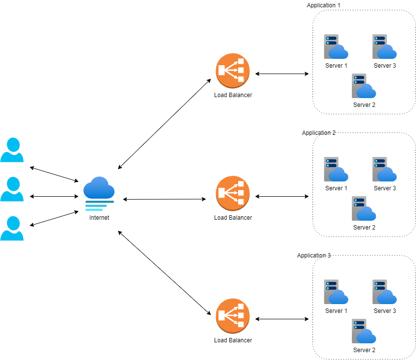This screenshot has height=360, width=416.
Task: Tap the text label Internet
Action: (99, 217)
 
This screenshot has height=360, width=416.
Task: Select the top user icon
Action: (12, 150)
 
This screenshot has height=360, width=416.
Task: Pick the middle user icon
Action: (12, 189)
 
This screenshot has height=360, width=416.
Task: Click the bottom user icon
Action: (12, 229)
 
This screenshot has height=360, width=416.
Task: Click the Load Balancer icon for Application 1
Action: (233, 71)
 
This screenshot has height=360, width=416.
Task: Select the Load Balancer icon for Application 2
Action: (233, 193)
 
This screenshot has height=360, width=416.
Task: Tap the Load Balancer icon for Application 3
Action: (233, 316)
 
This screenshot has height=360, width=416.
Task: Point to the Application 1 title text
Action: (323, 5)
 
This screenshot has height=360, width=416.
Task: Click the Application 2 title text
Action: (318, 133)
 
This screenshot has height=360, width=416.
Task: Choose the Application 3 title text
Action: (314, 256)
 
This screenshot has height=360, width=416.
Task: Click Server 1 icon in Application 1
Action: (336, 47)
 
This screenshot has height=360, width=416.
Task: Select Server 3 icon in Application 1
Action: (384, 47)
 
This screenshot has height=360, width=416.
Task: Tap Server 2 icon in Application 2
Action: (364, 209)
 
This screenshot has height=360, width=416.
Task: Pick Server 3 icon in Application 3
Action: (384, 292)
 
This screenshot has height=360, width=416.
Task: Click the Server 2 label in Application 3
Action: (364, 350)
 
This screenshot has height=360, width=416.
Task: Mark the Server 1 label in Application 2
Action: (336, 188)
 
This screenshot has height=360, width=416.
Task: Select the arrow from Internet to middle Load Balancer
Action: (164, 199)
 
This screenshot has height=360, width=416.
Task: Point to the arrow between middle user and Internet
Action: (54, 196)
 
